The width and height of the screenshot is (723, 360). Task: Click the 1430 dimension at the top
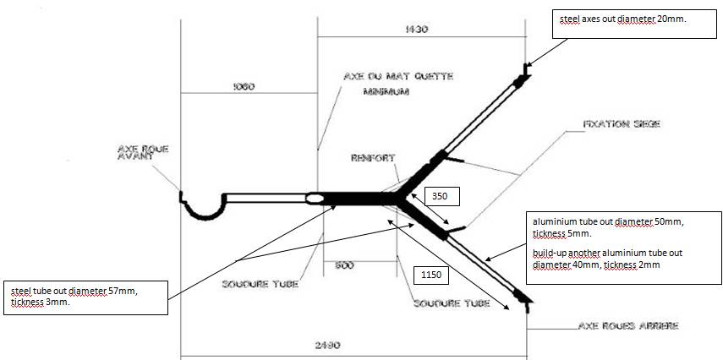(417, 29)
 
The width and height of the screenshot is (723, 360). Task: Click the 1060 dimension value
(242, 86)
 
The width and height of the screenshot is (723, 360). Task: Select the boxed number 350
(441, 197)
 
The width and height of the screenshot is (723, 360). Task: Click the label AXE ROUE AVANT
(143, 153)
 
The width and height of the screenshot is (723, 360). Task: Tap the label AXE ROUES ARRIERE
(628, 325)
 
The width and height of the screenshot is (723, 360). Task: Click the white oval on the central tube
(315, 199)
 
